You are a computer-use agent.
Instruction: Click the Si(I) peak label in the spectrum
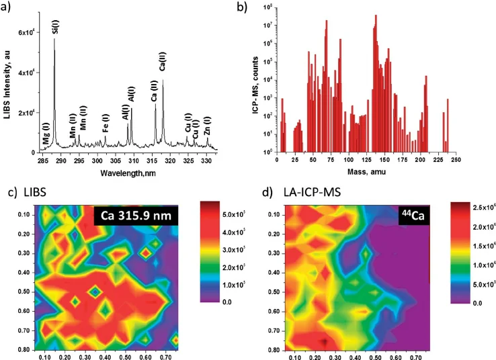(x=55, y=27)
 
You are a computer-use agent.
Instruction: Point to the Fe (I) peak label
(x=106, y=125)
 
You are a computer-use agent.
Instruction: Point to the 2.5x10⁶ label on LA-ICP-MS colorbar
(x=475, y=208)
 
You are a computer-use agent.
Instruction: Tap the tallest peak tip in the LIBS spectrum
(x=54, y=39)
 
